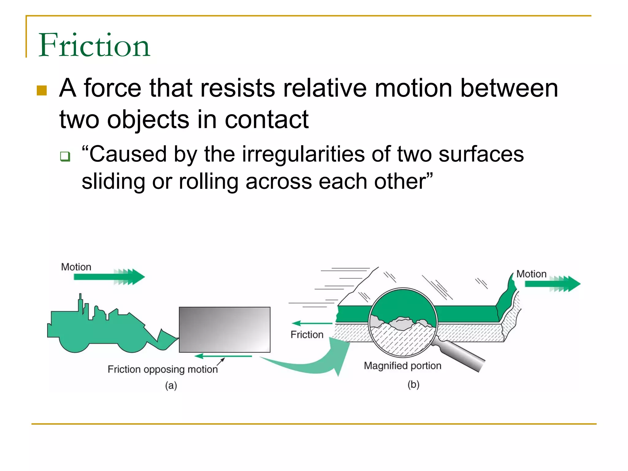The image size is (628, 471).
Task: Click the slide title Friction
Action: [x=94, y=45]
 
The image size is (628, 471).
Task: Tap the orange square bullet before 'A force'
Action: [x=42, y=90]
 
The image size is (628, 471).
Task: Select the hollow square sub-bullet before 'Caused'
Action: [x=65, y=156]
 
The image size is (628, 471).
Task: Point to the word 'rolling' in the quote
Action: [x=209, y=182]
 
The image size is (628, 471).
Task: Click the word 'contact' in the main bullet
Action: [x=266, y=120]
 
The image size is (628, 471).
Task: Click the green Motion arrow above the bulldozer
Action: [x=109, y=277]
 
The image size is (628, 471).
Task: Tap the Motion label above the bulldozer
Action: [x=76, y=267]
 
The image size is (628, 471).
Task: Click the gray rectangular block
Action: [x=224, y=330]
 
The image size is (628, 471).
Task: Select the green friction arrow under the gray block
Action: [x=223, y=356]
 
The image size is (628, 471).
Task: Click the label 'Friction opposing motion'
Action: [x=163, y=369]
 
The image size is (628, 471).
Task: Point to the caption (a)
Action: [x=171, y=385]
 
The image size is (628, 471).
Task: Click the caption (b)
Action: [x=413, y=385]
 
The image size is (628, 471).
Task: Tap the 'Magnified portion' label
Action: [x=402, y=366]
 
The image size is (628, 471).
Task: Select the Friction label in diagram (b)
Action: [x=307, y=334]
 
